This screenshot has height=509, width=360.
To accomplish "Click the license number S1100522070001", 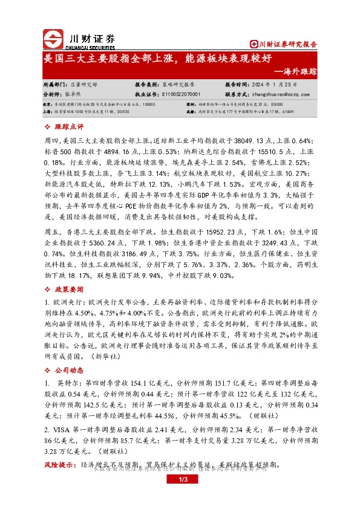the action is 176,94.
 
